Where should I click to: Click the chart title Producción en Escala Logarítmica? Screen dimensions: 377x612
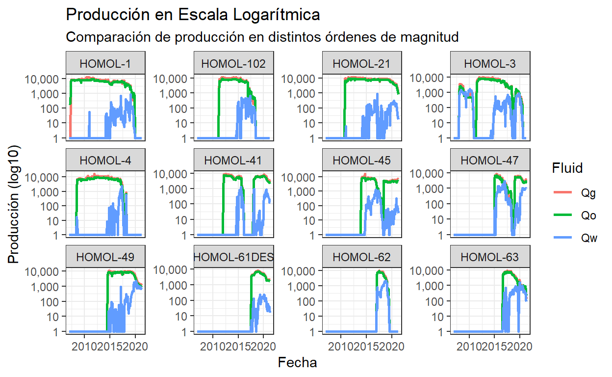coord(193,15)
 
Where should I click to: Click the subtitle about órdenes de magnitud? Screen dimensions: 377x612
coord(262,37)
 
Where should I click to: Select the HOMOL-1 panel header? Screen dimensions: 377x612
coord(105,63)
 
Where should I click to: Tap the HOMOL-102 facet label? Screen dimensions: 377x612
coord(234,63)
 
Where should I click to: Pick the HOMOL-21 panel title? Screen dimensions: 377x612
coord(362,63)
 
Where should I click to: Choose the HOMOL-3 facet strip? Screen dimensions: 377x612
coord(490,63)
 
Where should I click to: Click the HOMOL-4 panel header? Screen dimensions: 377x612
coord(105,160)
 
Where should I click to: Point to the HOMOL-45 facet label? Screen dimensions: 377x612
coord(362,160)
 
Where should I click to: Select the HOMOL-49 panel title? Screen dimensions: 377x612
coord(105,257)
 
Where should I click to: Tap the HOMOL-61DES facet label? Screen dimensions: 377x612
coord(234,257)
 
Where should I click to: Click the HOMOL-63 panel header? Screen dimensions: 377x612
coord(490,257)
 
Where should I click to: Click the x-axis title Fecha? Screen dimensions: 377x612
coord(297,363)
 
